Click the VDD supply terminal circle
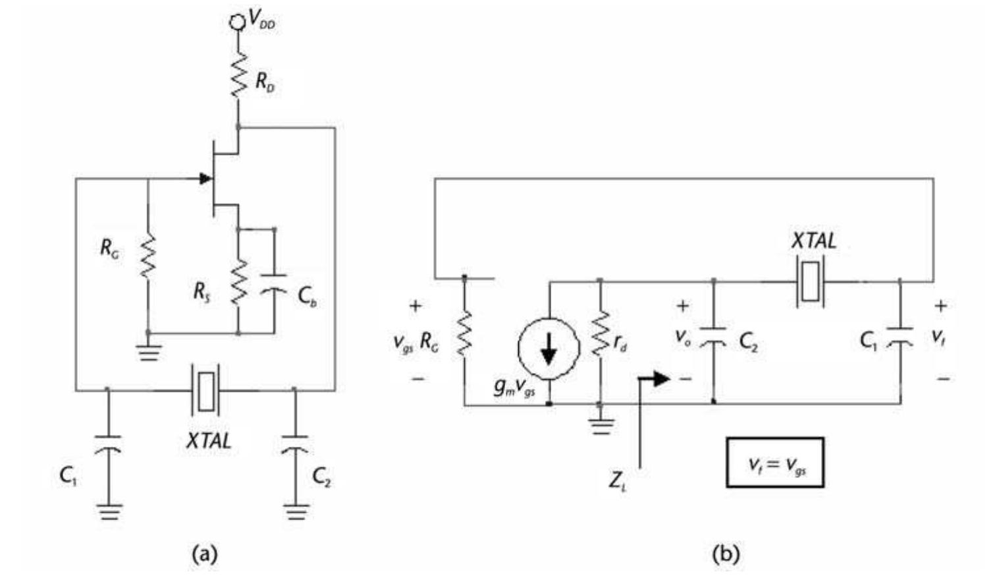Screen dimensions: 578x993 [236, 22]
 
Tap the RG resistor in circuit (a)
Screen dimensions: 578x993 [148, 256]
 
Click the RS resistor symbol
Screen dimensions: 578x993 [238, 281]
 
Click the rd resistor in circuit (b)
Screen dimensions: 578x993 [599, 334]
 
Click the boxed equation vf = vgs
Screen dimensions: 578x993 [775, 463]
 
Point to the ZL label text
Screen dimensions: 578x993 [617, 482]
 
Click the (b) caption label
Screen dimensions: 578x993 [726, 554]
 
